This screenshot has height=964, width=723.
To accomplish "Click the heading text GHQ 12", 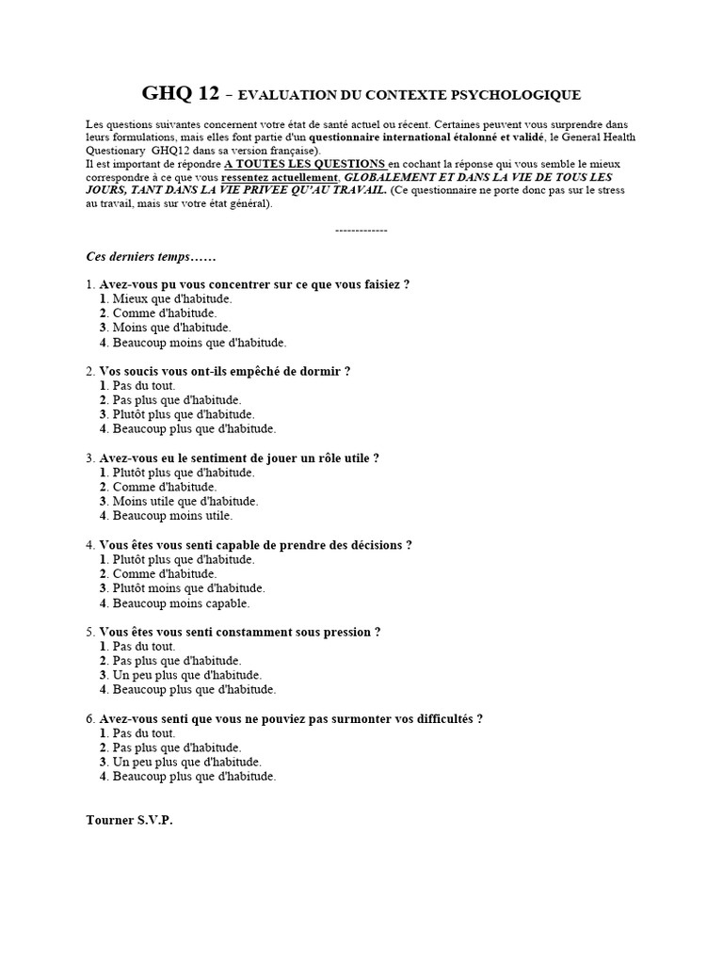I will coord(180,93).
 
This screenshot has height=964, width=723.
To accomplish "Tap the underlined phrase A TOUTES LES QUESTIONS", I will coord(305,163).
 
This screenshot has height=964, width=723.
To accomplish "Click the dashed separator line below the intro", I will coord(361,230).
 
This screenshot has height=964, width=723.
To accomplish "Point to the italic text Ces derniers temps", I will coord(137,256).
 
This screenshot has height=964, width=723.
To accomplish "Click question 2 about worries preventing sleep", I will coord(224,371).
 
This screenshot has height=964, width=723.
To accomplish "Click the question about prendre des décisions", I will coord(255,545).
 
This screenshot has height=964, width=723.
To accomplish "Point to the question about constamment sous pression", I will coord(239,632).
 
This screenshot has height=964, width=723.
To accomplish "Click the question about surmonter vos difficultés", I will coord(291,719).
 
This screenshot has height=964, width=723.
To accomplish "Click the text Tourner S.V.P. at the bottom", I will coord(129,820).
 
